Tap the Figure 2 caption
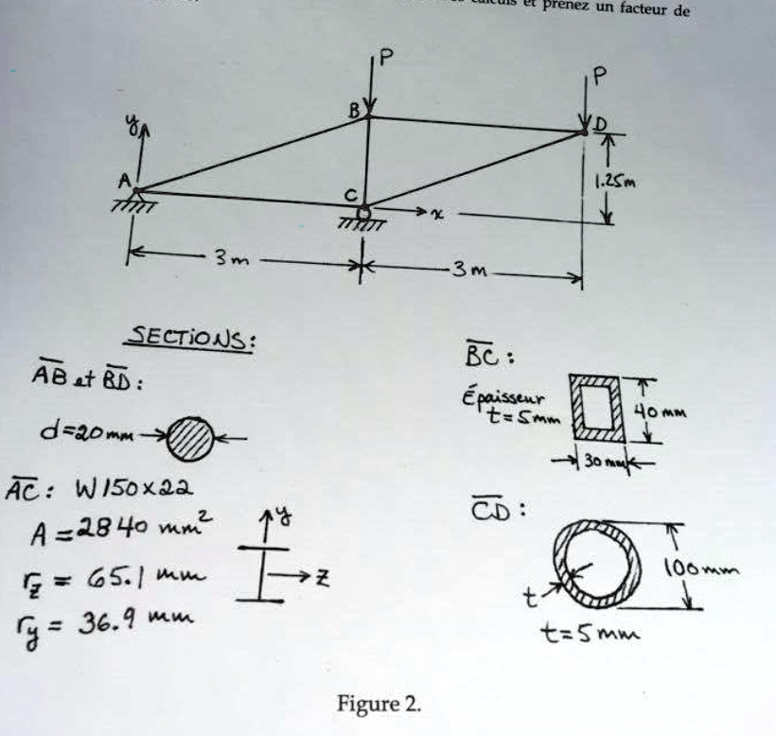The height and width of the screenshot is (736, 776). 378,704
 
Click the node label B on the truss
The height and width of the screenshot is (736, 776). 354,111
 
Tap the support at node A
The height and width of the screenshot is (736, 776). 135,199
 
